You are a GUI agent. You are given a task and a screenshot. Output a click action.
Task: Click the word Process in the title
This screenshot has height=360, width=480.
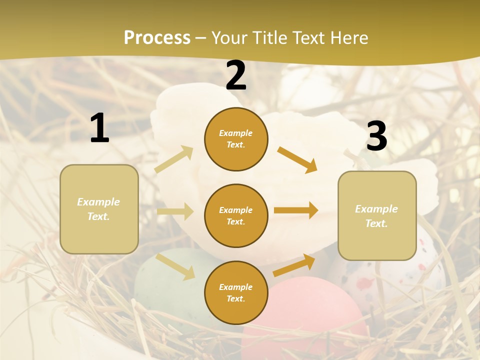click(x=157, y=37)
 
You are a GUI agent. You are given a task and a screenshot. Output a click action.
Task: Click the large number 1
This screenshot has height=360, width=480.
click(x=99, y=128)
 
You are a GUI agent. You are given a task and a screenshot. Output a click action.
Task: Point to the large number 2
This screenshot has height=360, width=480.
click(x=236, y=75)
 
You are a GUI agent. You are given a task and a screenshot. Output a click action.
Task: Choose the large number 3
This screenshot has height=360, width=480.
click(x=376, y=136)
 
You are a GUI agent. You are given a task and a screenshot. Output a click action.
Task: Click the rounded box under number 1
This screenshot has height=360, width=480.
click(x=99, y=209)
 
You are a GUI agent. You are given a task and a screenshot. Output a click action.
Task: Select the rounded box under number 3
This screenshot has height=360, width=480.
click(x=377, y=215)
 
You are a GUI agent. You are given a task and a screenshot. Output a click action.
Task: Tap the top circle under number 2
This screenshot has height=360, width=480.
click(x=236, y=139)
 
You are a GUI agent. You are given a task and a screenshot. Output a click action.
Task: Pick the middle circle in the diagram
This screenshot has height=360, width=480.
click(x=236, y=215)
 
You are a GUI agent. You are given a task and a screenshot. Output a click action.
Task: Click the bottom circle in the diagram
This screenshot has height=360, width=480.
click(x=236, y=292)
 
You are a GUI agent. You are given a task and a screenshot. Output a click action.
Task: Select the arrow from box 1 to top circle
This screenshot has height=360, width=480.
click(x=174, y=159)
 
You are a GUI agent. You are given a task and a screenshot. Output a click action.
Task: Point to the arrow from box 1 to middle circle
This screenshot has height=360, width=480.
click(x=175, y=211)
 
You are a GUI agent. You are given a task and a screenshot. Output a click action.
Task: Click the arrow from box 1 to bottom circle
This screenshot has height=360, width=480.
click(x=175, y=266)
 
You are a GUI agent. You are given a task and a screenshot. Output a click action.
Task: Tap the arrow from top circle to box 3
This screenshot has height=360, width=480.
click(x=297, y=159)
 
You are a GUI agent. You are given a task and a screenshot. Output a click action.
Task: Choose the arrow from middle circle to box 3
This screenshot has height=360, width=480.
click(x=296, y=210)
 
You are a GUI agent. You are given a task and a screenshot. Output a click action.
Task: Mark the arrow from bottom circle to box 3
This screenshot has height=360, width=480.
click(x=294, y=265)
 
